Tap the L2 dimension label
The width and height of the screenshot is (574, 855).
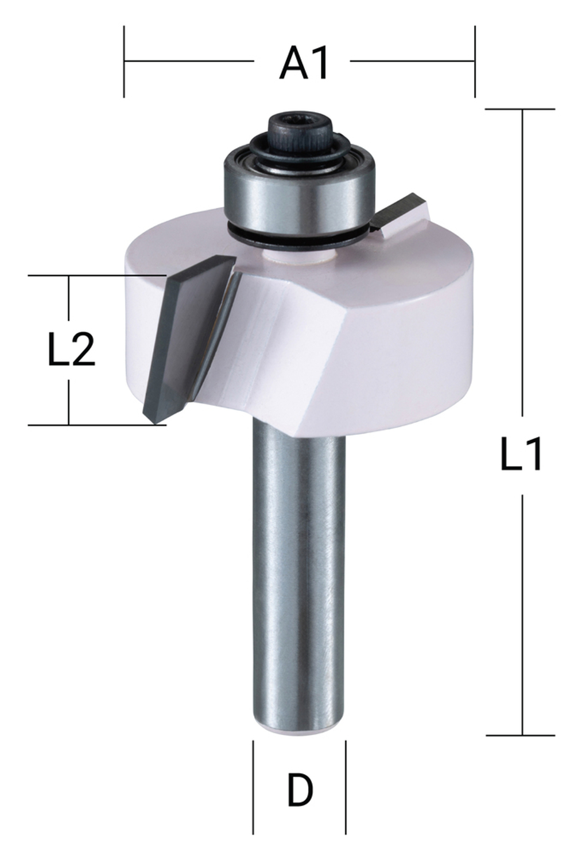pos(70,349)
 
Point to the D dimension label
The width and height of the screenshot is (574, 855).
pos(300,790)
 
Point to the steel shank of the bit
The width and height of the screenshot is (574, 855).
pos(298,574)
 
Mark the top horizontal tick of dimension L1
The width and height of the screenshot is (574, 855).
pos(521,109)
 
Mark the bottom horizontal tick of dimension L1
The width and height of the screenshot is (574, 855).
pos(521,735)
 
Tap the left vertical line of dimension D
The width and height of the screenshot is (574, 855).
pos(253,786)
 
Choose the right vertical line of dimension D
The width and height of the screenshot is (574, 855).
pos(346,786)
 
